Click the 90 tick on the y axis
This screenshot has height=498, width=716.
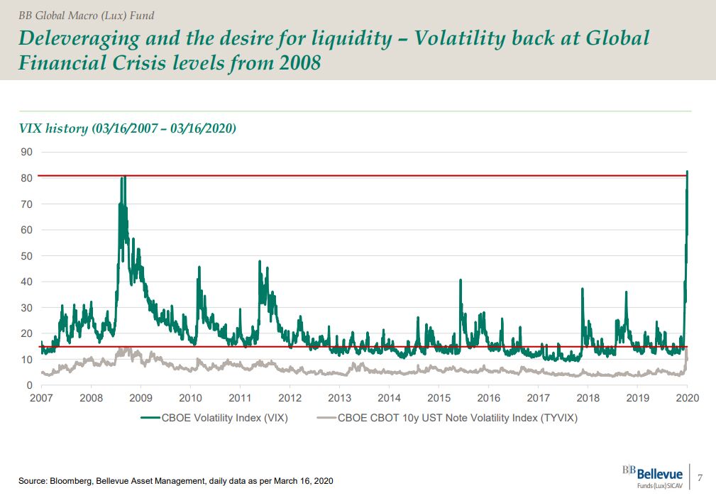coord(26,152)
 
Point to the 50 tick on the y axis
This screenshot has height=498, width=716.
coord(26,255)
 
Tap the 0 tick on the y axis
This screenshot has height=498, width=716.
coord(29,385)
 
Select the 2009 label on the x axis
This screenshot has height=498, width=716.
coord(141,397)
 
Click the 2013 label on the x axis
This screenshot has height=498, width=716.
coord(340,397)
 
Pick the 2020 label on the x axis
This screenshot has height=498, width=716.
coord(688,397)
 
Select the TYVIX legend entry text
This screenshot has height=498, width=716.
coord(458,418)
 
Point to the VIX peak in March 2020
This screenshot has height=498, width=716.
coord(688,171)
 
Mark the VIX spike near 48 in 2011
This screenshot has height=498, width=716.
coord(260,261)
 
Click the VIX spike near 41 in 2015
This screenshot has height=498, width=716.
coord(461,280)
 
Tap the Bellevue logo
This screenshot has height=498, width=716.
coord(653,476)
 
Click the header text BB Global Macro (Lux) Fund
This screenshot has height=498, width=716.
coord(86,15)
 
